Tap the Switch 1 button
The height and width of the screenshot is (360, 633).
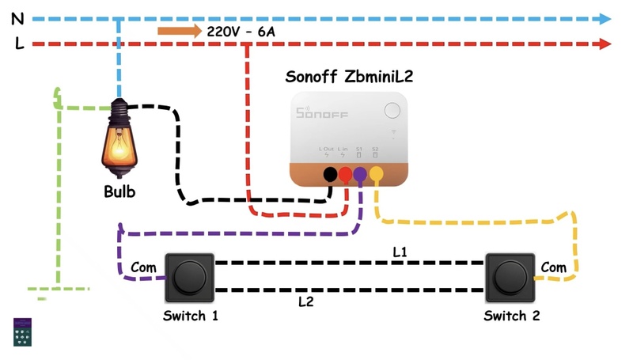click(188, 278)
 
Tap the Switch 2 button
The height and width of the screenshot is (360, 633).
click(510, 278)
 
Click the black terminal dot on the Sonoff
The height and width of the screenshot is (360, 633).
click(330, 175)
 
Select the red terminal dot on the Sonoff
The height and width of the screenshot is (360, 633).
click(345, 175)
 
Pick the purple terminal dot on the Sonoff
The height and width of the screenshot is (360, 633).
click(360, 175)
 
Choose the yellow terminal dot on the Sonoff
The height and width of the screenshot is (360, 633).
click(376, 175)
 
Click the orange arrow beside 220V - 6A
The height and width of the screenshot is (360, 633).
click(179, 32)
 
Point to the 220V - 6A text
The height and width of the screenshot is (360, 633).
click(241, 32)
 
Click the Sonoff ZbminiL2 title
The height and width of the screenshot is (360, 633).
click(349, 76)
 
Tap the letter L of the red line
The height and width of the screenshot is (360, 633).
click(19, 44)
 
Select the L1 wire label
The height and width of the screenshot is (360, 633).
click(400, 251)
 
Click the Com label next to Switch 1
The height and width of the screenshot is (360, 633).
click(143, 267)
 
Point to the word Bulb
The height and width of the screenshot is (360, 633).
click(119, 192)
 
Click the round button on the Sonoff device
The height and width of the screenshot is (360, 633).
click(392, 110)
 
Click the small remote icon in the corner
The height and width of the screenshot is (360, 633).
click(23, 332)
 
